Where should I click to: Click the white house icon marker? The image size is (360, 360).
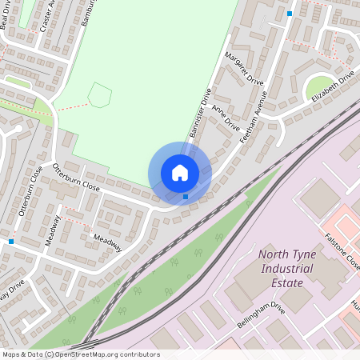click(x=179, y=173)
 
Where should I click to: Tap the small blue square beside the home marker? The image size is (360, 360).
click(x=186, y=196)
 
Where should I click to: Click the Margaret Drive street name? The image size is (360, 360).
click(x=244, y=69)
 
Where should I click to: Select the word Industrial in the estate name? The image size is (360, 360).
click(x=282, y=269)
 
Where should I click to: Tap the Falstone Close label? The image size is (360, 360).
click(x=343, y=250)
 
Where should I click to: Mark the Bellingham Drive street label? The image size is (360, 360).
click(x=261, y=318)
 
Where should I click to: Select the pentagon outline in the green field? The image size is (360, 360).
click(x=99, y=95)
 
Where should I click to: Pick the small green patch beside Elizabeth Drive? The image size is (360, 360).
click(x=319, y=86)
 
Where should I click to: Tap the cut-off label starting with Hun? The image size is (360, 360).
click(x=355, y=306)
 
